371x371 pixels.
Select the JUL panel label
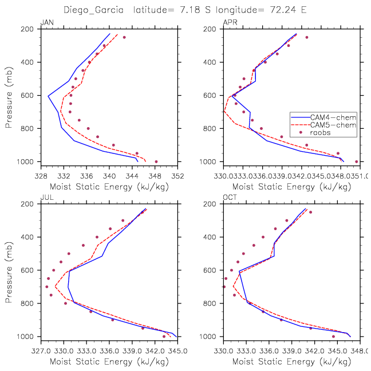(46, 198)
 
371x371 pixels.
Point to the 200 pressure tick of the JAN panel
(30, 29)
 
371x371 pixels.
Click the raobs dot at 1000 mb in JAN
(156, 161)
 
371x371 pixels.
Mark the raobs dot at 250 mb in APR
(306, 37)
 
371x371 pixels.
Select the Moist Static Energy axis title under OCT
(291, 362)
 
